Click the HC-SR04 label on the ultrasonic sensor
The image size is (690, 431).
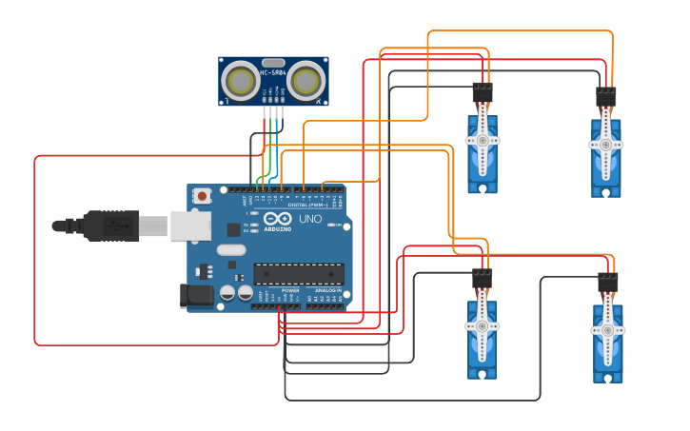click(x=273, y=72)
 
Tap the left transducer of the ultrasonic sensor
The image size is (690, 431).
click(x=241, y=83)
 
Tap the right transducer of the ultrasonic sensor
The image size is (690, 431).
click(x=306, y=83)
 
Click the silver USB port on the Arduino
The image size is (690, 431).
click(x=190, y=225)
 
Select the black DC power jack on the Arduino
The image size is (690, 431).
click(x=198, y=296)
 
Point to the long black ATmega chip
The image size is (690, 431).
click(x=298, y=274)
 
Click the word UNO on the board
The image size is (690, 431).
click(x=310, y=219)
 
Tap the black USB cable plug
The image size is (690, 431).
click(x=110, y=225)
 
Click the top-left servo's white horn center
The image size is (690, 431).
click(x=483, y=141)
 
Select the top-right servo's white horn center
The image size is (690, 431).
click(x=606, y=145)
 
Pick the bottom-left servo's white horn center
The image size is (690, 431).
click(x=483, y=326)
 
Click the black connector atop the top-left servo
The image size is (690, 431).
click(x=483, y=93)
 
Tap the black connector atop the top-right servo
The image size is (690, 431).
click(x=606, y=97)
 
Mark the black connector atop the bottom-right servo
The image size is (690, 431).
click(x=607, y=283)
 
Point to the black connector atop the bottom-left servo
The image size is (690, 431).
click(x=483, y=279)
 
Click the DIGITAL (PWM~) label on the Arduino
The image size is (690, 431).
click(x=309, y=205)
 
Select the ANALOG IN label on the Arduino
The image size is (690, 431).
click(x=327, y=290)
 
